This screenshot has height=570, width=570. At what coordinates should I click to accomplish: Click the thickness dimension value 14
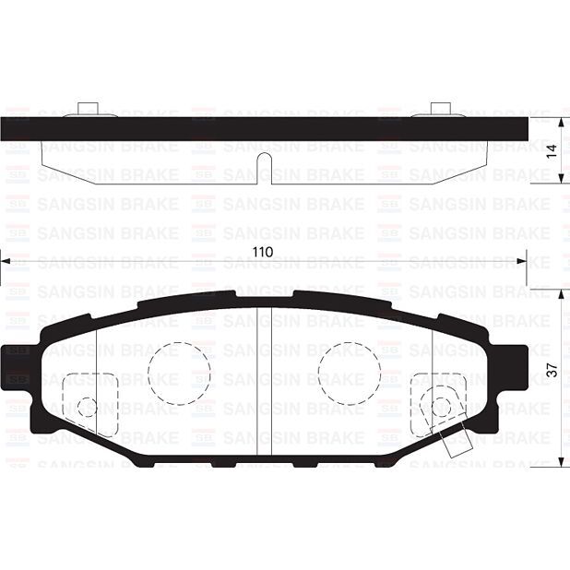(x=552, y=152)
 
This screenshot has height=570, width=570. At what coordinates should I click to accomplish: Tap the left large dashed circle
(x=179, y=373)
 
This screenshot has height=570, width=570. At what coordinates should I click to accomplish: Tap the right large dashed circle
(x=350, y=373)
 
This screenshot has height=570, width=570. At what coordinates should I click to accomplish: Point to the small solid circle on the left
(x=87, y=407)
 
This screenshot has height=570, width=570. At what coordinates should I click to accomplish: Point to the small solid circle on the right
(x=442, y=407)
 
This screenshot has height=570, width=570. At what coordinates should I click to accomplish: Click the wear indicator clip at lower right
(x=454, y=442)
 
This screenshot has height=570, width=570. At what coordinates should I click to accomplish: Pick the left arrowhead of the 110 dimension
(x=4, y=262)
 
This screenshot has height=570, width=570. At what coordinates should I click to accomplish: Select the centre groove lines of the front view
(x=263, y=378)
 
